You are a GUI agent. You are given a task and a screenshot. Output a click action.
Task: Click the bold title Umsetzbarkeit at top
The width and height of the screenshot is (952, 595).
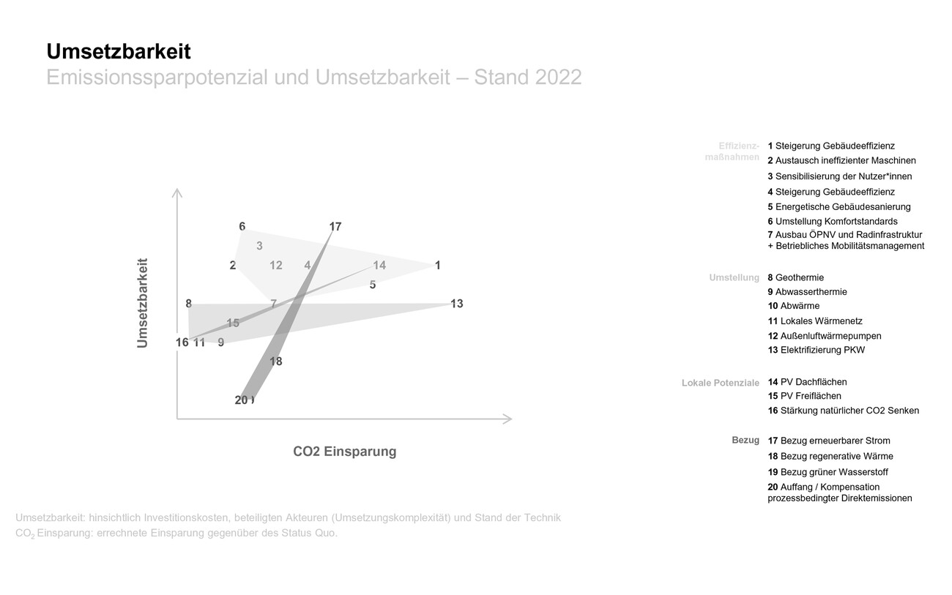[118, 52]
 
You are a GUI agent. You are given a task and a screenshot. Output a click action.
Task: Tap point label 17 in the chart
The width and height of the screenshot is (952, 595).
[335, 227]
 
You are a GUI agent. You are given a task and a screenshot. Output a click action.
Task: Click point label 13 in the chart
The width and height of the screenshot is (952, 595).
[456, 304]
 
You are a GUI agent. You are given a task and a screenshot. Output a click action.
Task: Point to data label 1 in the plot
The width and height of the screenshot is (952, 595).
[437, 266]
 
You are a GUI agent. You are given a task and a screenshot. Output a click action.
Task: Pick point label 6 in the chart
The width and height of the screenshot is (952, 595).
[242, 227]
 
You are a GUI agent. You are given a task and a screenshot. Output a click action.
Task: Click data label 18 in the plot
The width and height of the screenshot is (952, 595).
[275, 362]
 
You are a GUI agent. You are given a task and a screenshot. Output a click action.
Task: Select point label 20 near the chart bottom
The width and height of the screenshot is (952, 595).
[242, 400]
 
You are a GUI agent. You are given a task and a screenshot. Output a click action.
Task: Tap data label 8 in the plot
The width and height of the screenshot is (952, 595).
[188, 304]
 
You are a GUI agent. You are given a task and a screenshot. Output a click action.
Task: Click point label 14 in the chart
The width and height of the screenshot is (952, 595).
[379, 266]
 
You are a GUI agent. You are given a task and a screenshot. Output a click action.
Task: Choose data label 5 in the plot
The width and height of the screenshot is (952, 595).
[373, 285]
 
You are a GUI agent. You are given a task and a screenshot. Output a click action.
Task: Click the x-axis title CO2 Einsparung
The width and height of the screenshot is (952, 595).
[344, 452]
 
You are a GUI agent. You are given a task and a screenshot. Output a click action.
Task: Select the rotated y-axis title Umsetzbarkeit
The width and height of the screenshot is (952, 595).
[142, 302]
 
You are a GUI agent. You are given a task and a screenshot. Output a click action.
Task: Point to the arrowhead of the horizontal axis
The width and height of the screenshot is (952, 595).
[507, 419]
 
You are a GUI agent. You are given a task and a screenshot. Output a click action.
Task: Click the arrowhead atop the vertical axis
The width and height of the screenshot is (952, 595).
[176, 192]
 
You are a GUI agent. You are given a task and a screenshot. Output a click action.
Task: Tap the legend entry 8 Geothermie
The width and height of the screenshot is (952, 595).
[795, 277]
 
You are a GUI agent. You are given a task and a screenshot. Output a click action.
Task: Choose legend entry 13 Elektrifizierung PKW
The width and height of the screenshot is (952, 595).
[816, 350]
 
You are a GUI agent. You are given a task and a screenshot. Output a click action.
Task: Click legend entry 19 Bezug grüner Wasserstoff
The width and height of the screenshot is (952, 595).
[828, 472]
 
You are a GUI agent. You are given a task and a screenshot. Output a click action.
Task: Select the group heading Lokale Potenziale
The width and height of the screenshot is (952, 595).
[720, 383]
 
